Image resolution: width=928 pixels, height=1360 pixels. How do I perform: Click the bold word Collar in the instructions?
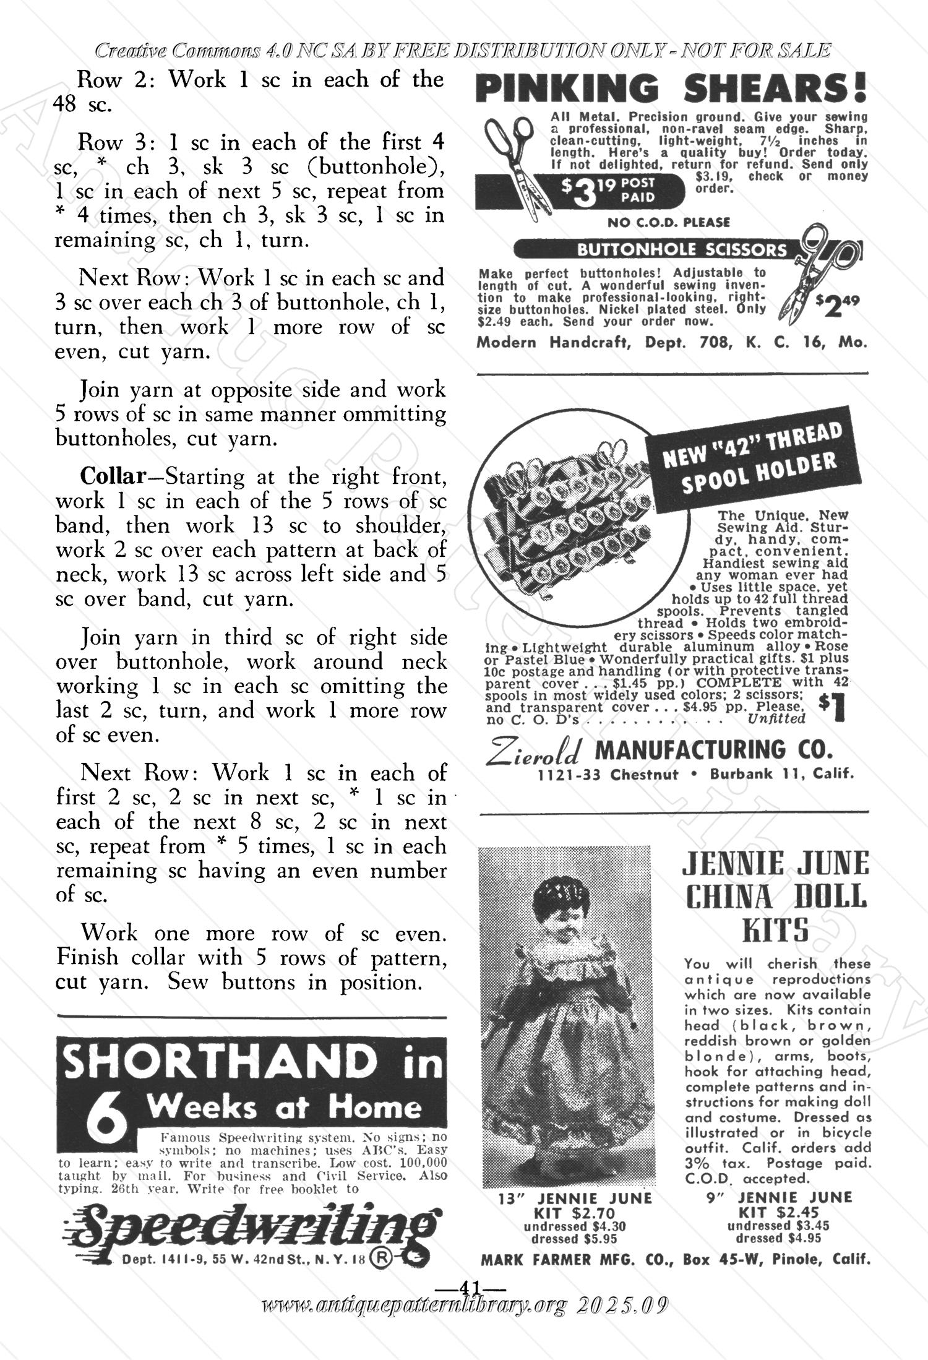click(112, 476)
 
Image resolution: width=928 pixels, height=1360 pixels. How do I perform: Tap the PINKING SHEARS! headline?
click(671, 88)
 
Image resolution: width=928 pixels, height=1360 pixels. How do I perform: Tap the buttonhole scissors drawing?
click(817, 272)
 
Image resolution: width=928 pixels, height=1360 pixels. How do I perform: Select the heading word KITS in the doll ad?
click(776, 929)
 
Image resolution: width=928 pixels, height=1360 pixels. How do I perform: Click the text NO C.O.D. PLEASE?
click(669, 222)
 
